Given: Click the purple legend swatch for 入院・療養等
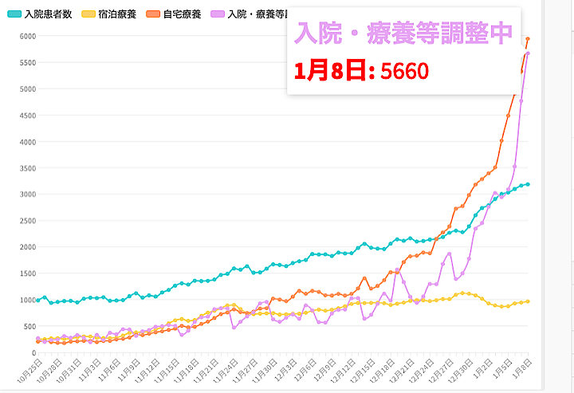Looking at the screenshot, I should [x=218, y=14].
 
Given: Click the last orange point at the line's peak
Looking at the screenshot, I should [x=528, y=39].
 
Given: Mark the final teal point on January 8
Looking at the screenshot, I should [x=528, y=184].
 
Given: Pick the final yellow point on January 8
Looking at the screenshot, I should [x=528, y=301].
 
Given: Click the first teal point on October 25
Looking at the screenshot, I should [x=37, y=300].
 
